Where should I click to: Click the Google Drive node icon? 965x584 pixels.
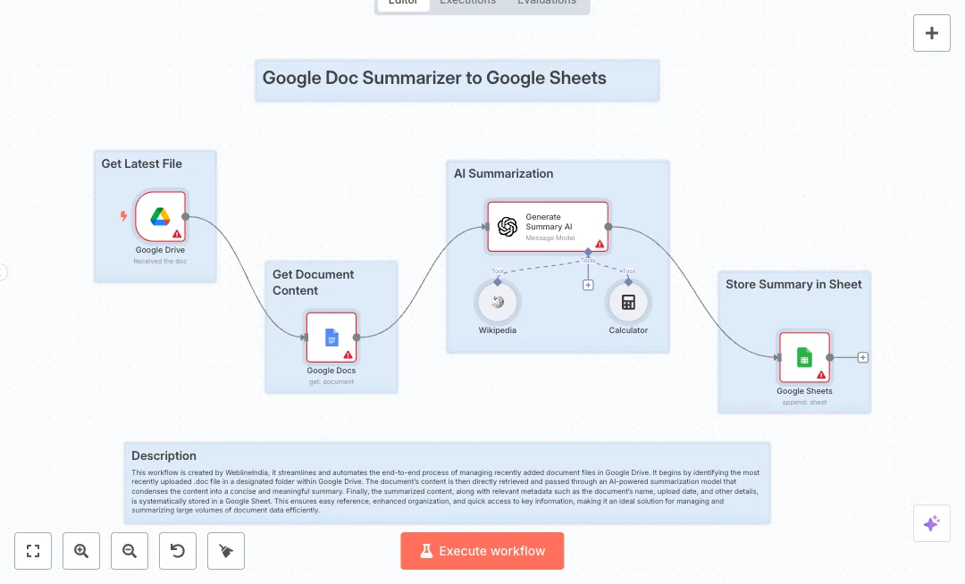160,216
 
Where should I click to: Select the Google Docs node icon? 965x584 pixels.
331,337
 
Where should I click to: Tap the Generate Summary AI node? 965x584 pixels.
548,226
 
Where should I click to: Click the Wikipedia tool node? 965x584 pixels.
498,303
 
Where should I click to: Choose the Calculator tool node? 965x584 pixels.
628,303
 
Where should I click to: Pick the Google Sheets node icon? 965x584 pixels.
804,357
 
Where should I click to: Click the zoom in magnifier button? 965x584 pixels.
81,551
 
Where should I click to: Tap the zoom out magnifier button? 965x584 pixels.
130,551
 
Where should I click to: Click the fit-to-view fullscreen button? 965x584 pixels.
33,551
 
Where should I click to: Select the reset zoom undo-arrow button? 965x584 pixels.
178,551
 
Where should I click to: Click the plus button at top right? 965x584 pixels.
932,33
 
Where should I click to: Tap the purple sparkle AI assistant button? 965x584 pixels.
931,523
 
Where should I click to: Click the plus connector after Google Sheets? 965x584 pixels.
863,357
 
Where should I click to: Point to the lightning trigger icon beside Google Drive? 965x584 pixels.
124,216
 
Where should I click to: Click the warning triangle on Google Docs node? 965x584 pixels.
348,355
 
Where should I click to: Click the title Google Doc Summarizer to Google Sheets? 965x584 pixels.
434,78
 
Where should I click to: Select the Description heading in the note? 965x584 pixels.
164,455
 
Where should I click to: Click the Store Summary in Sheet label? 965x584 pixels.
793,284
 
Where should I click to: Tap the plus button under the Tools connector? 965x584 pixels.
588,285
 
